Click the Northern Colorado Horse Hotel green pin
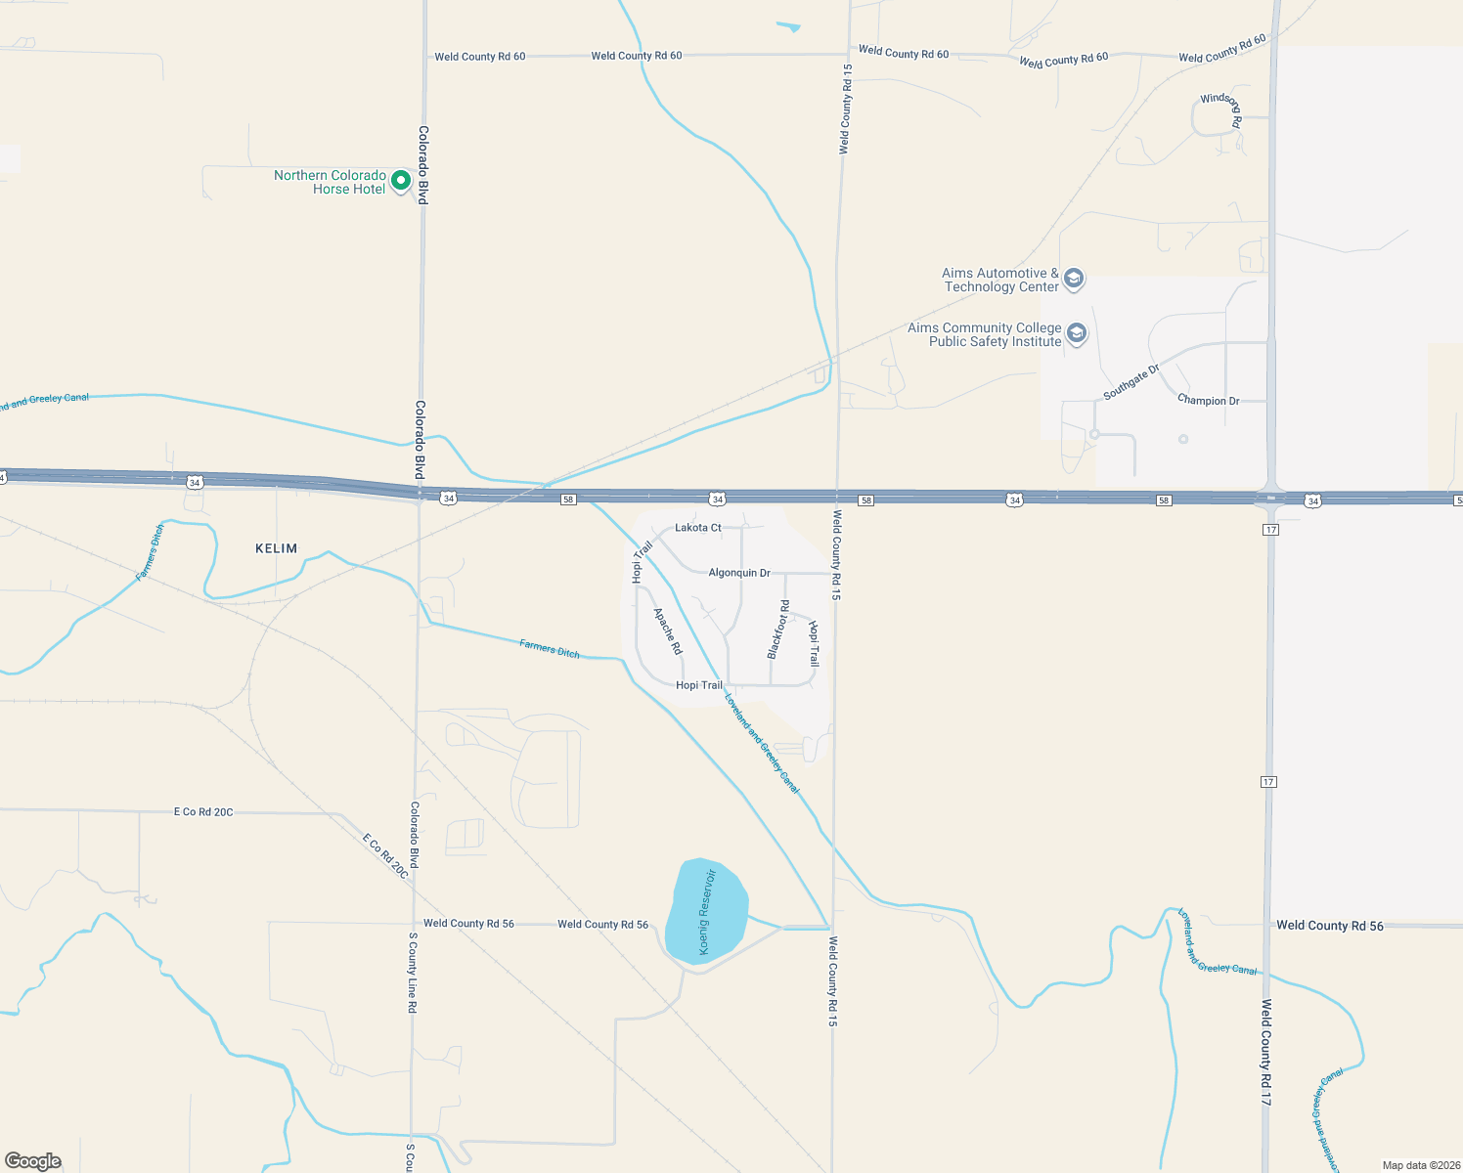400,181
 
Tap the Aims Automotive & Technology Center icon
1074,280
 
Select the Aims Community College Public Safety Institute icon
1077,334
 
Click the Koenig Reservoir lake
706,912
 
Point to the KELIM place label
276,548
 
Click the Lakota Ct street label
698,528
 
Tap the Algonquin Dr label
739,573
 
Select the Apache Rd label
668,631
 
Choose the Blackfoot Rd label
778,630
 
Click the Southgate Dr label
1131,381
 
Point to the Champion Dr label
1208,401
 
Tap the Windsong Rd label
1221,109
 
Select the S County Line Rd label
413,973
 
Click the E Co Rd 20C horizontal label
203,812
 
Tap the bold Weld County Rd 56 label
1330,926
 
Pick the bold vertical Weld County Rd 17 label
1265,1053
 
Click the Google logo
33,1161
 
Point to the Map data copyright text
1418,1165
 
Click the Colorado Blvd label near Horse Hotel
423,164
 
